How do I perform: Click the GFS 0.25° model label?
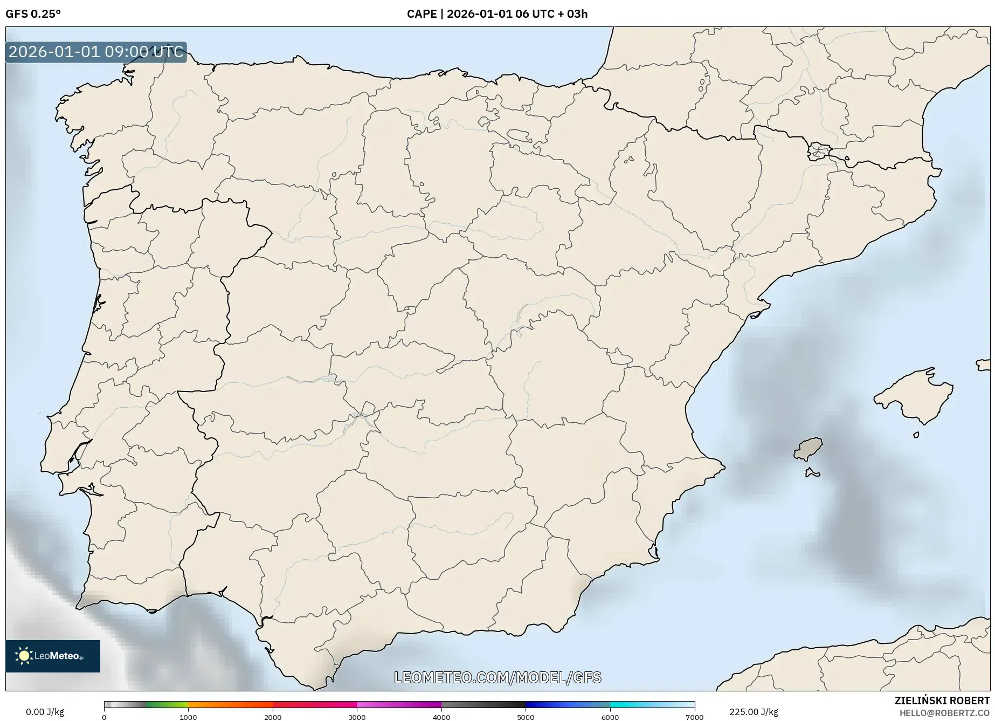pos(33,14)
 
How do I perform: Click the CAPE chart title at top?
pos(497,14)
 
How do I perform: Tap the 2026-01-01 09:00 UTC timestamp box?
pos(96,52)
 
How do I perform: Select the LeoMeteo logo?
pos(53,656)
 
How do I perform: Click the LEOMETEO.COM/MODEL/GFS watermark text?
pos(498,677)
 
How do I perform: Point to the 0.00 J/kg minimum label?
pos(45,712)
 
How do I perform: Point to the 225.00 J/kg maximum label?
pos(754,712)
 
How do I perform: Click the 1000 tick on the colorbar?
pos(188,717)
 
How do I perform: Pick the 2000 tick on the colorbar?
pos(273,717)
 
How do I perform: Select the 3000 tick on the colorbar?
pos(357,717)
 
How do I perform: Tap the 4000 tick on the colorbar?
pos(441,717)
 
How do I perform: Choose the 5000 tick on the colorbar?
pos(526,717)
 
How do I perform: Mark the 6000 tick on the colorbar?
pos(610,717)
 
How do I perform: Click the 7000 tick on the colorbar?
pos(694,717)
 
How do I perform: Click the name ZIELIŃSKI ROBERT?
pos(942,701)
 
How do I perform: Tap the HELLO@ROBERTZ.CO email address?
pos(944,713)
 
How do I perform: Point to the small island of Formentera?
pos(812,473)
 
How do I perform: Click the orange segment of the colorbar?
pos(230,704)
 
